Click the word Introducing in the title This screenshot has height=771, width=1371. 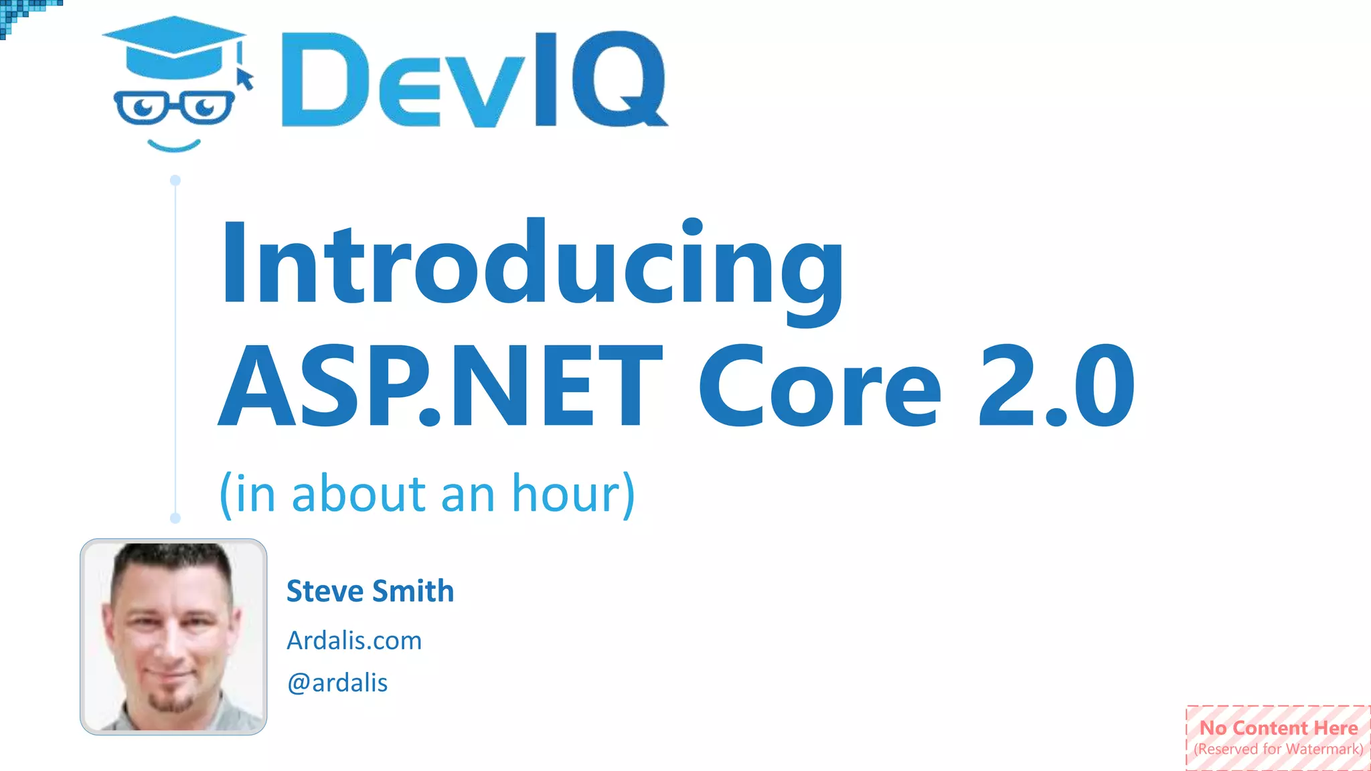pos(532,264)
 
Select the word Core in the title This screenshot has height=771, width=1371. pos(819,386)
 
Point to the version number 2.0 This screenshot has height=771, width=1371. pos(1056,386)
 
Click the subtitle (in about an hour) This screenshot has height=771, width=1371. pos(427,494)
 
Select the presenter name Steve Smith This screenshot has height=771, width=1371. pos(370,591)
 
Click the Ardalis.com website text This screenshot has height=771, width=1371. pos(354,640)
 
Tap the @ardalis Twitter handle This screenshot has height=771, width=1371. pos(337,683)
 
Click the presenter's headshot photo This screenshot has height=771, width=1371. pos(173,636)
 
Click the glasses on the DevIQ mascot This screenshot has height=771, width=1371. pos(174,107)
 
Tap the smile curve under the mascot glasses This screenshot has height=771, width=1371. pos(174,145)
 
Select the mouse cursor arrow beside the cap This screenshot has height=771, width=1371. pos(246,78)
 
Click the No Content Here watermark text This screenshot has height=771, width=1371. pos(1279,727)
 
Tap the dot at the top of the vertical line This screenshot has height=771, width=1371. pos(175,180)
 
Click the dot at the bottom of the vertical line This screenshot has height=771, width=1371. pos(175,517)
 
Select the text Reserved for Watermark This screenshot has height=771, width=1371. pos(1279,749)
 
